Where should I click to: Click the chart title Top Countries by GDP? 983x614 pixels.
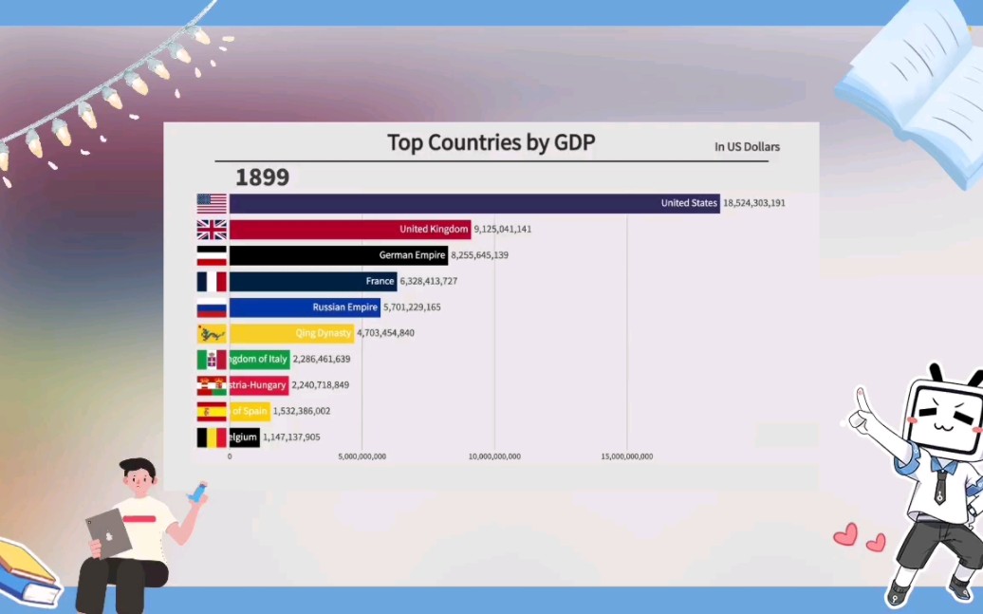491,143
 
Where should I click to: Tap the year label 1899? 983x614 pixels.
262,177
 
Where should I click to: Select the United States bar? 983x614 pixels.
474,203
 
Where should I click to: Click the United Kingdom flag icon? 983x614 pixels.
212,230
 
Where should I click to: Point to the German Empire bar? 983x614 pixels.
339,255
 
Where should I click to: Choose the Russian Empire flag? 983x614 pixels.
212,307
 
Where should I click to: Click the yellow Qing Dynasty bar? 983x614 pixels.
291,333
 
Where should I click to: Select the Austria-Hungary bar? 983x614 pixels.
259,385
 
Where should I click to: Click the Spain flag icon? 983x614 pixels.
212,411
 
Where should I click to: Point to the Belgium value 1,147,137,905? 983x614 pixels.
291,437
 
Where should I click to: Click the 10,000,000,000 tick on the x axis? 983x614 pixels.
494,456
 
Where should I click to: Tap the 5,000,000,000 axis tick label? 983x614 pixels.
362,456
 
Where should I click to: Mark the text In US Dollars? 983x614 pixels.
747,147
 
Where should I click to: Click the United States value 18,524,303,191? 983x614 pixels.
754,203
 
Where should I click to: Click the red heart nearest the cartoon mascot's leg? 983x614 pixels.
876,543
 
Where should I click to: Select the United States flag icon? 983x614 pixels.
212,203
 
